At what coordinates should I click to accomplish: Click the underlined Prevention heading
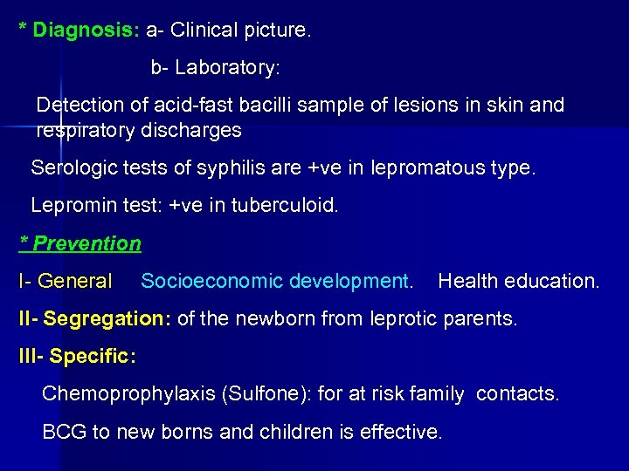pos(86,243)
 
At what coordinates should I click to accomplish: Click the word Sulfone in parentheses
pos(265,394)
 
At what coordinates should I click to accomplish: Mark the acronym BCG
pos(60,432)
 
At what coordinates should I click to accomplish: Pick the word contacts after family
pos(517,394)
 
